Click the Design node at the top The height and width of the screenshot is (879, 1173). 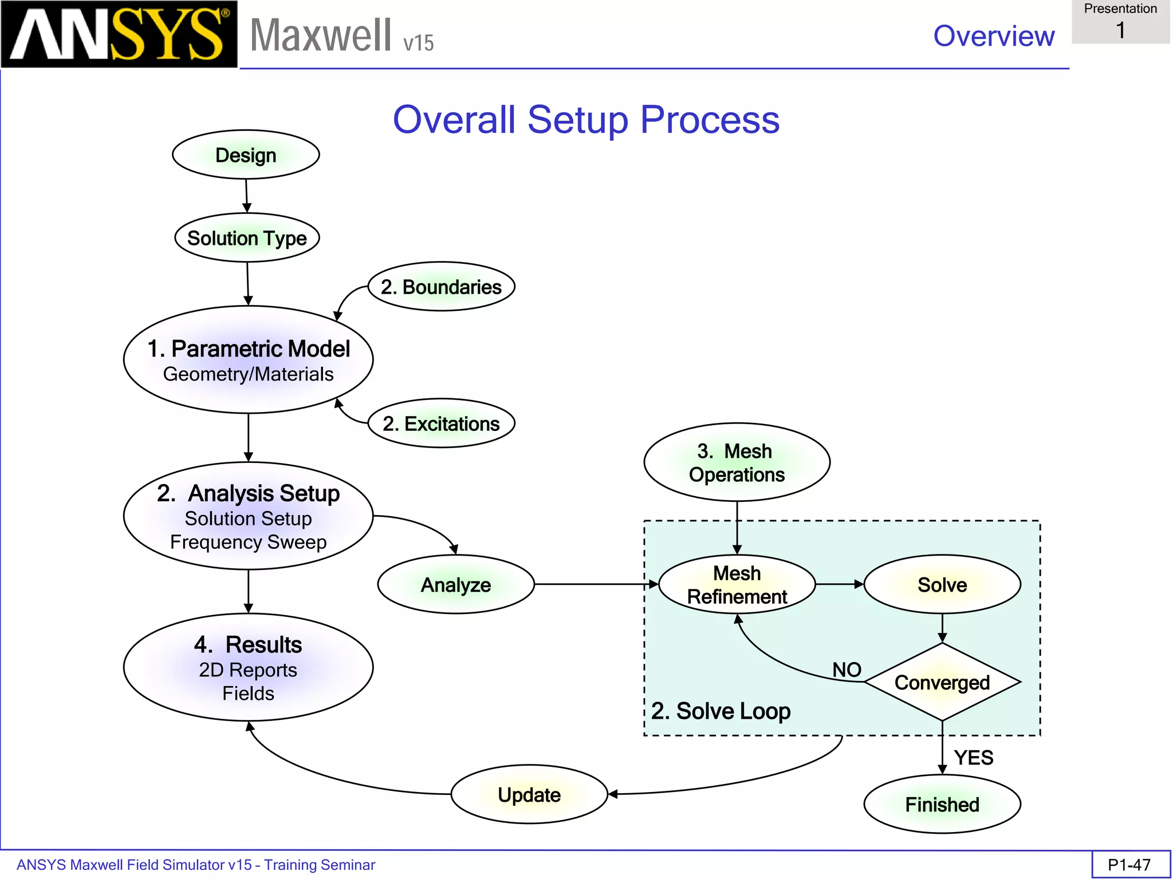(x=246, y=155)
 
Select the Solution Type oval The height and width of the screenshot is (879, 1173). (x=247, y=238)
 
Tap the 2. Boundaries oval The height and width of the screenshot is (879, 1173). (x=441, y=287)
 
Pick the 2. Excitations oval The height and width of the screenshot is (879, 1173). (x=441, y=423)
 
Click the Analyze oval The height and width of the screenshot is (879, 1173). (x=456, y=585)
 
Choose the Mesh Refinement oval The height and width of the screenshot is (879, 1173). (x=737, y=585)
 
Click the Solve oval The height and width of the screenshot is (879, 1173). (x=942, y=585)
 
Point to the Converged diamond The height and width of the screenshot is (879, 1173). (x=942, y=682)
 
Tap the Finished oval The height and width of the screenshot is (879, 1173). (x=942, y=805)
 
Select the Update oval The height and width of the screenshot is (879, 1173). (x=529, y=795)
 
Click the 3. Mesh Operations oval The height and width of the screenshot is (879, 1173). (x=737, y=462)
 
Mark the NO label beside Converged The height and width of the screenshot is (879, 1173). (x=847, y=670)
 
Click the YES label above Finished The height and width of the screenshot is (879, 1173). (x=973, y=758)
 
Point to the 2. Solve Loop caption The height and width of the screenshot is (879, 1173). (x=721, y=711)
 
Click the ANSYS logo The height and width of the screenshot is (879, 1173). (x=119, y=34)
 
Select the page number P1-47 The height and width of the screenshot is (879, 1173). (x=1129, y=865)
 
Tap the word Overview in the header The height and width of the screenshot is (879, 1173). (x=994, y=36)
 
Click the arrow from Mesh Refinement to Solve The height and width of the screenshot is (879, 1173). (x=839, y=584)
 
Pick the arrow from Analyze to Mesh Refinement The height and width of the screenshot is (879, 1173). (x=596, y=584)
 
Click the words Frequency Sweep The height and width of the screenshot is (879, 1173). (x=248, y=542)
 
